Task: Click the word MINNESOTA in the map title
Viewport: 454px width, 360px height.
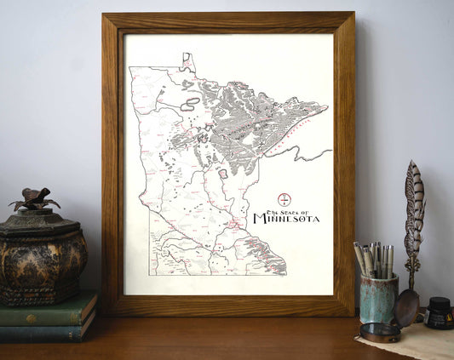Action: coord(286,219)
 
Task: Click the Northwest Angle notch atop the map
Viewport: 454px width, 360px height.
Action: coord(187,59)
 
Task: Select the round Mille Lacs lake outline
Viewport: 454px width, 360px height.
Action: coord(223,174)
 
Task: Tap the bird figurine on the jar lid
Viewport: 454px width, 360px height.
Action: coord(34,199)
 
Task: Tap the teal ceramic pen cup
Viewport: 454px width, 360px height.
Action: coord(378,298)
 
